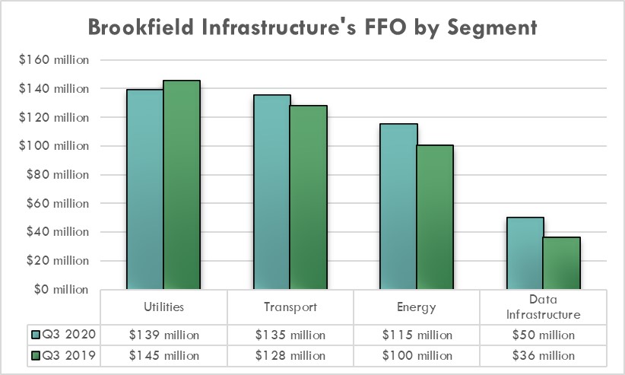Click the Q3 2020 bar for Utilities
145,189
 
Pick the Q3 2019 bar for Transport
308,197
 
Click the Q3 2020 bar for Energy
398,206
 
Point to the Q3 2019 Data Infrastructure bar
562,263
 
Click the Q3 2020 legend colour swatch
35,335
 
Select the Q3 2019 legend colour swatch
35,355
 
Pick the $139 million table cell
163,335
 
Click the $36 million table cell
543,355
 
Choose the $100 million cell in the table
417,355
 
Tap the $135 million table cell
290,335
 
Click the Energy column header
417,308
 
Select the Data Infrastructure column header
543,308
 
